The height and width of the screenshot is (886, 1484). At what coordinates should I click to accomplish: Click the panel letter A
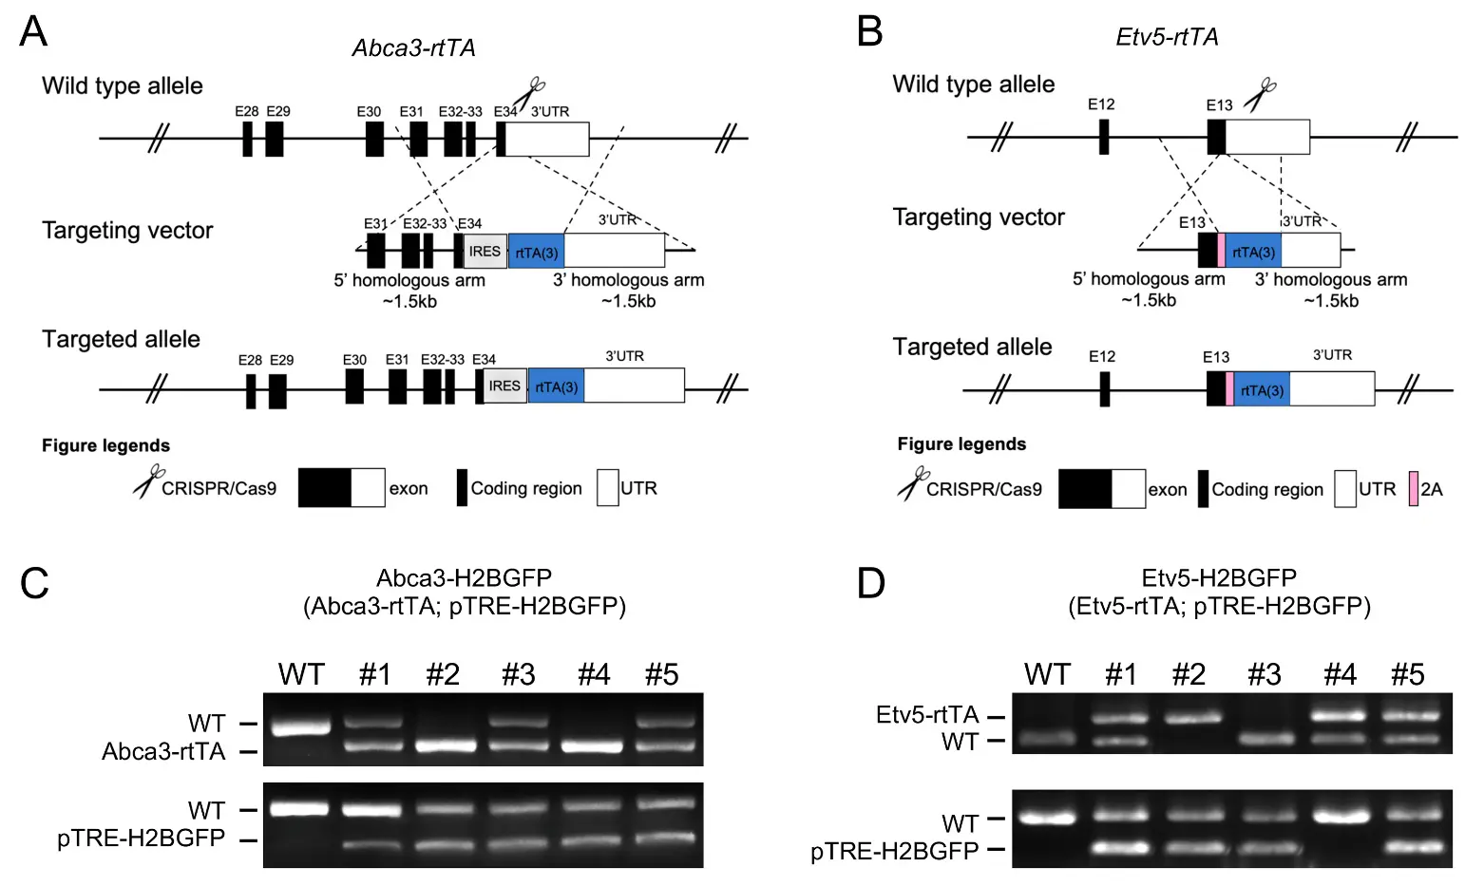33,31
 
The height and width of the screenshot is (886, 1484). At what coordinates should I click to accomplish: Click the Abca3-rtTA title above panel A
413,47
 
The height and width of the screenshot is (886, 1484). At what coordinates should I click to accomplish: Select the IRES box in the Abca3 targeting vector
485,252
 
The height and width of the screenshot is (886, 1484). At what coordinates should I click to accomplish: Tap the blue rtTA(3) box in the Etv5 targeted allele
1262,390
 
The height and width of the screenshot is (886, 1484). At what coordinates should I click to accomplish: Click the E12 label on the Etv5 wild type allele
1101,104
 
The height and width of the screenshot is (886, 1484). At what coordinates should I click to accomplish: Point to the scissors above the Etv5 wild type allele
1261,94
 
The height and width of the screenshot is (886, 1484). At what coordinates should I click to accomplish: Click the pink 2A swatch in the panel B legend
1414,488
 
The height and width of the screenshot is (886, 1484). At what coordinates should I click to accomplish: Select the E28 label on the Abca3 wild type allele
247,111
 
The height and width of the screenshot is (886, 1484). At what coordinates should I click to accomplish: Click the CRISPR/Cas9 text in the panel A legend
219,488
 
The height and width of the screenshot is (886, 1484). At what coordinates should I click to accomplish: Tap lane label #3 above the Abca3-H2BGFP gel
519,674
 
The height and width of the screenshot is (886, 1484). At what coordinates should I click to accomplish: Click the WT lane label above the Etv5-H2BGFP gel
1047,674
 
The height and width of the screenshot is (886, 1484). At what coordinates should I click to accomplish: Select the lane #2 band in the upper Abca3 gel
444,745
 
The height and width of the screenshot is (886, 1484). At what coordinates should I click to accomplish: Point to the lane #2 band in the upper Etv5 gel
1188,718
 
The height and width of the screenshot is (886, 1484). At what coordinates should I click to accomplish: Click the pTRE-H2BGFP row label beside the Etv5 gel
894,851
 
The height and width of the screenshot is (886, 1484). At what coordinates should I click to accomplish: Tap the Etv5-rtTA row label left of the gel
926,714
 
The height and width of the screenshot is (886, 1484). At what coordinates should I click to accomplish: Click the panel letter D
870,582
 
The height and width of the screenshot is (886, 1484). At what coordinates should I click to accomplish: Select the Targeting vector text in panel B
979,217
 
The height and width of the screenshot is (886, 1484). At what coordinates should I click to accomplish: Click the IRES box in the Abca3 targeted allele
504,386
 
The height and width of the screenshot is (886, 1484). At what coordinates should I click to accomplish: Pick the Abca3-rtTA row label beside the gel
163,752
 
